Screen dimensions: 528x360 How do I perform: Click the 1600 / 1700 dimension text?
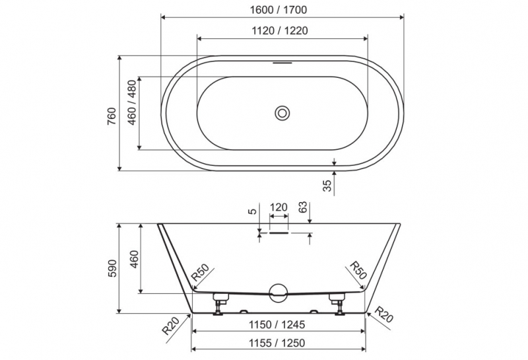(279, 10)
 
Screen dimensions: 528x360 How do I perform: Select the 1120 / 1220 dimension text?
(280, 30)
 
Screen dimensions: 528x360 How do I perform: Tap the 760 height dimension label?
(112, 116)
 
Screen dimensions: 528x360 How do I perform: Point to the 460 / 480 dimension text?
(133, 102)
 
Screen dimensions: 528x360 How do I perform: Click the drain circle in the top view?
(282, 113)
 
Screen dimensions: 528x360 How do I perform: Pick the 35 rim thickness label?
(327, 186)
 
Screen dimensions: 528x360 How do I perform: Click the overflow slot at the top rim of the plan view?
(282, 62)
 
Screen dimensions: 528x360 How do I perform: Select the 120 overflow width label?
(279, 207)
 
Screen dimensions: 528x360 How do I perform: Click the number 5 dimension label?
(253, 211)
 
